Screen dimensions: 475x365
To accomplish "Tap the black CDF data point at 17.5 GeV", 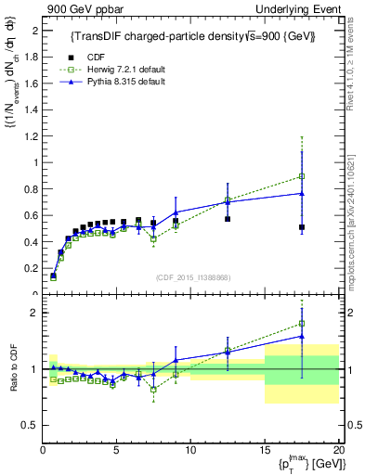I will (x=302, y=227).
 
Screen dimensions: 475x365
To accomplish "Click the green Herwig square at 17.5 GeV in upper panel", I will (x=302, y=176).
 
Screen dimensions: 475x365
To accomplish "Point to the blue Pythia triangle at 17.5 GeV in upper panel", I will (x=302, y=193).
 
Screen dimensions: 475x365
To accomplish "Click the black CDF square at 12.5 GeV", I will (x=228, y=219).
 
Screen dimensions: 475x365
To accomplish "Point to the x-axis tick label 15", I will (x=265, y=452).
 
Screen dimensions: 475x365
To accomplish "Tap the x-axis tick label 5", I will (x=116, y=452).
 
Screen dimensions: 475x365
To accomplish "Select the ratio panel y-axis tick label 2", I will (x=34, y=313).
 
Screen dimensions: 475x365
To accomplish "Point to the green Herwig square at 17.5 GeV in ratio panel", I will (x=302, y=324).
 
